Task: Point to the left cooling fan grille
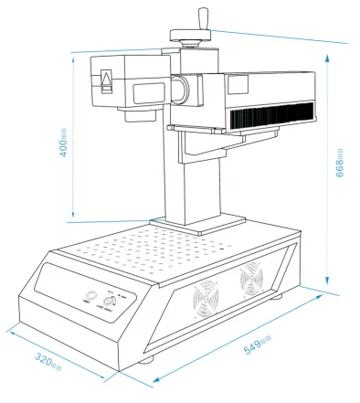(x=209, y=298)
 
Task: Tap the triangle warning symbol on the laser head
(x=106, y=82)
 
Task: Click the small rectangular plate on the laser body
(x=239, y=84)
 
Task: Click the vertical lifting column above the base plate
(x=196, y=178)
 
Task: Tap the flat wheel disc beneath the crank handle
(x=190, y=36)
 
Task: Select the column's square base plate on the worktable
(x=197, y=222)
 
